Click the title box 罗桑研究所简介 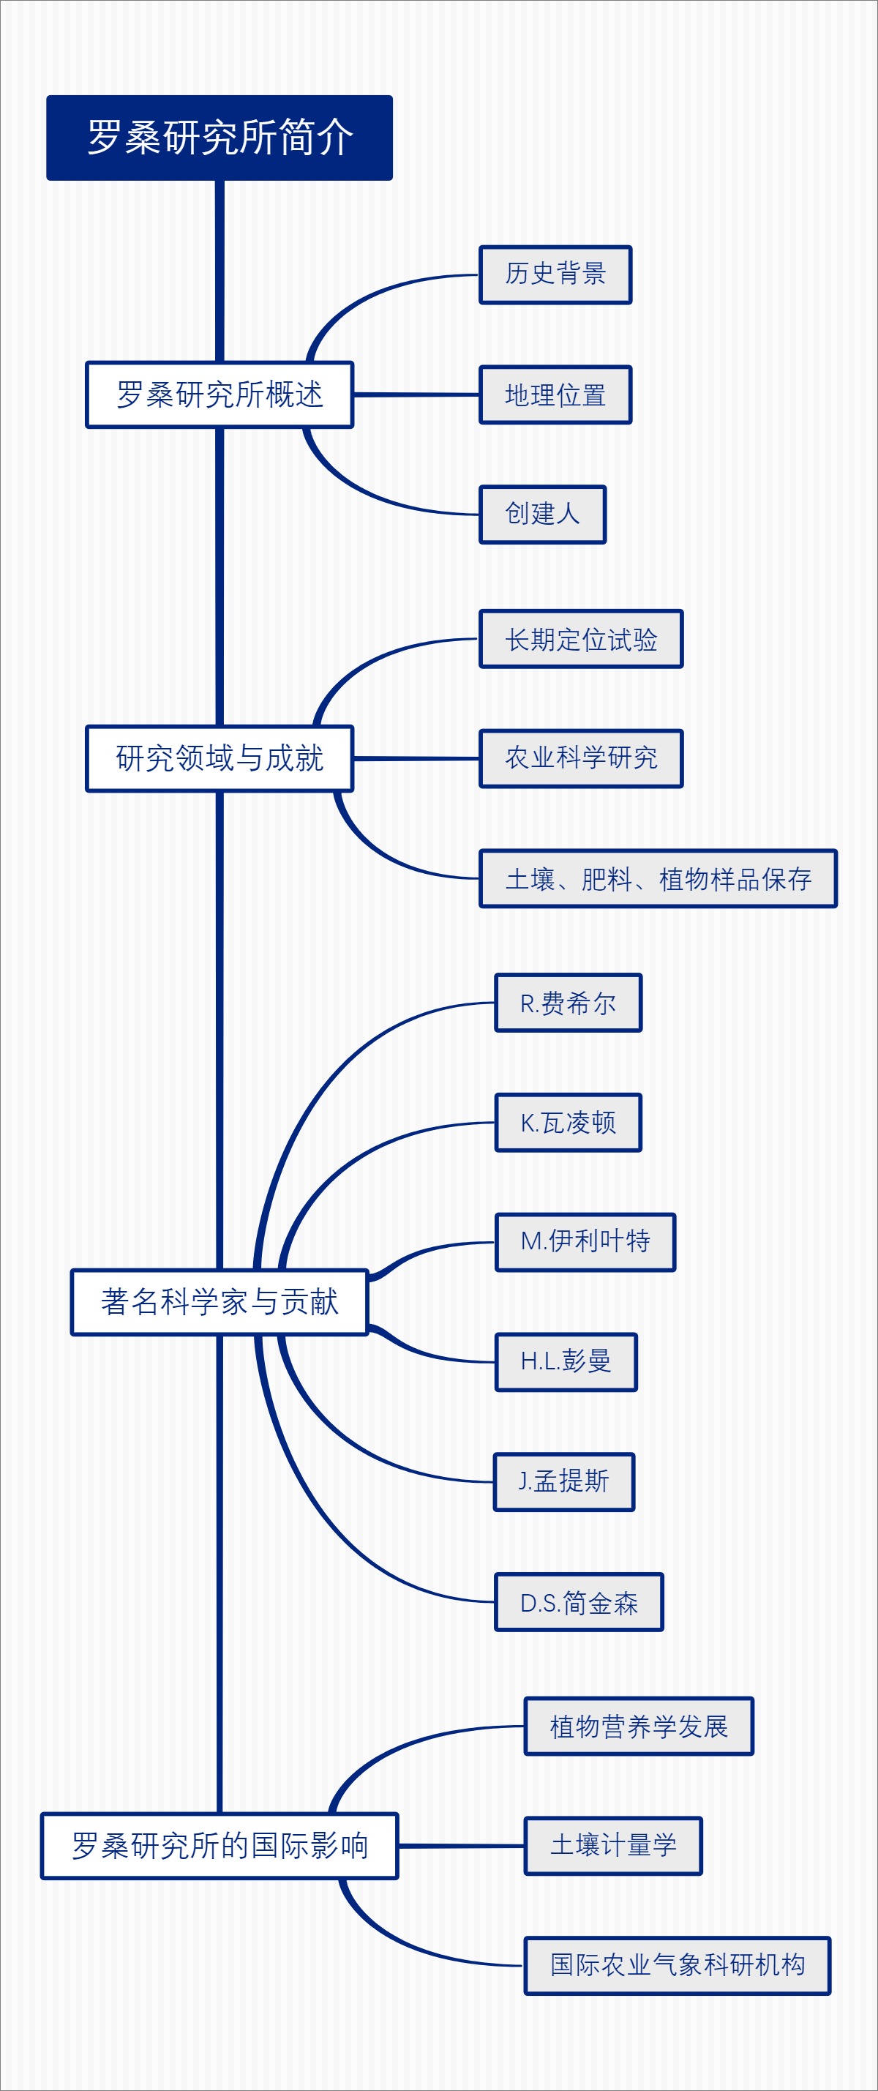tap(219, 137)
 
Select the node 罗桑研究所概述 tap(219, 394)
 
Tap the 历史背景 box tap(555, 274)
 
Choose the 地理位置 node tap(555, 394)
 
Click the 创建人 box tap(542, 514)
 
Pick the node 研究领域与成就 tap(219, 758)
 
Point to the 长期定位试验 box tap(581, 639)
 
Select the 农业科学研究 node tap(581, 758)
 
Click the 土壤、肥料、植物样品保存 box tap(657, 878)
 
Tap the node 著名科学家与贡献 tap(219, 1301)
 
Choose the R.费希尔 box tap(568, 1003)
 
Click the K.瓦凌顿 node tap(568, 1122)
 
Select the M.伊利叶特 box tap(585, 1242)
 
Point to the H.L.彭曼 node tap(566, 1361)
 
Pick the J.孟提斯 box tap(564, 1481)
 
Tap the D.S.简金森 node tap(579, 1601)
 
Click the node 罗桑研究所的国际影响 tap(219, 1845)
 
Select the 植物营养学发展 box tap(639, 1726)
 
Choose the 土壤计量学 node tap(612, 1845)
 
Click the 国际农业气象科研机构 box tap(677, 1965)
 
